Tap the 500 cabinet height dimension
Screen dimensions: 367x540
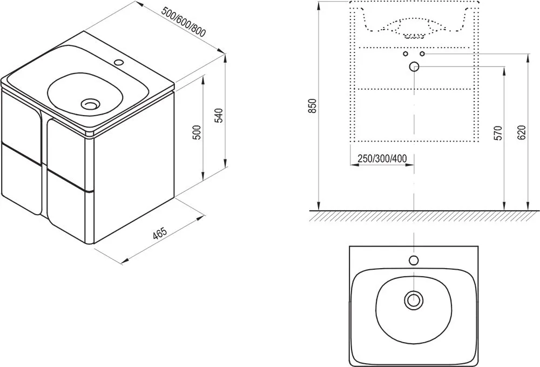[x=197, y=132]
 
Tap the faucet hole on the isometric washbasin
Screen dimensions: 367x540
[x=119, y=62]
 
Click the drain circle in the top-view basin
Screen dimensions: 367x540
[x=414, y=298]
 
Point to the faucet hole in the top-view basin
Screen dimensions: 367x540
[x=414, y=261]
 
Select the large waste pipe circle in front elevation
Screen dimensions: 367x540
[x=414, y=66]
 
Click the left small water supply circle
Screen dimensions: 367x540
[x=405, y=54]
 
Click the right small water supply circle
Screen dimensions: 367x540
[x=422, y=54]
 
